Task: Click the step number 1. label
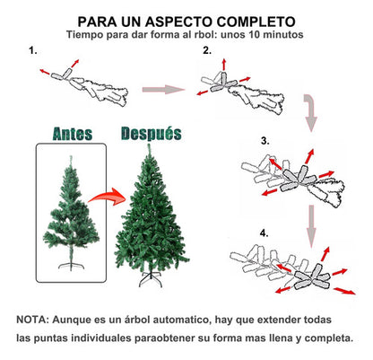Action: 34,50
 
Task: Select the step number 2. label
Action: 207,50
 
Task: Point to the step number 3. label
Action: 265,141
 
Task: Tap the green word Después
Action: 150,133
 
